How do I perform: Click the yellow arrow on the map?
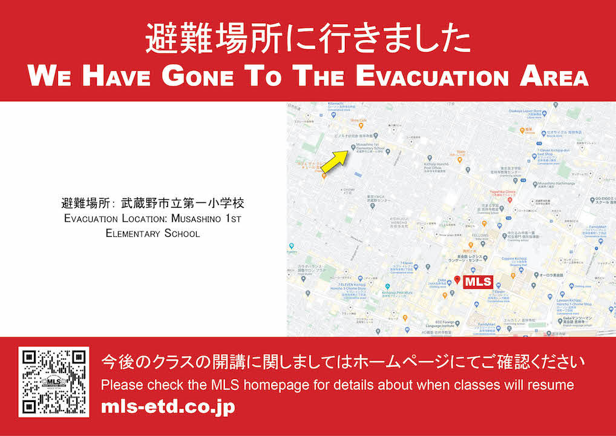coord(333,160)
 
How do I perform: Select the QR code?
coord(54,381)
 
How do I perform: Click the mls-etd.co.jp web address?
coord(168,407)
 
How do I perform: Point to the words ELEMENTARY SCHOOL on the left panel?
coord(152,233)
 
